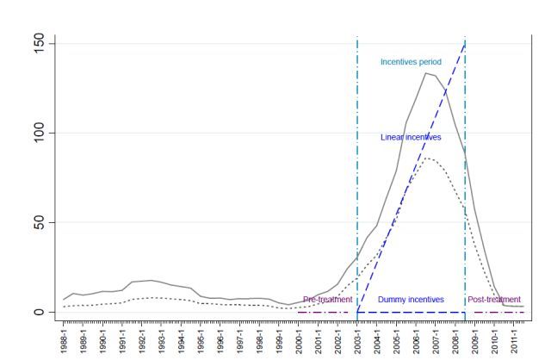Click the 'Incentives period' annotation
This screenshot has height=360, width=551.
click(x=411, y=62)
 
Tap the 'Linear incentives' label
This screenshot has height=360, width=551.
click(x=411, y=137)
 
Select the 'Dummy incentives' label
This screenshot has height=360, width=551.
click(x=411, y=300)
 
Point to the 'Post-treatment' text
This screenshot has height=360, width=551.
click(x=494, y=300)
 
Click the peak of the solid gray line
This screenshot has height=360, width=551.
click(x=425, y=72)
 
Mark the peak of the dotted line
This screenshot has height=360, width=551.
click(x=428, y=158)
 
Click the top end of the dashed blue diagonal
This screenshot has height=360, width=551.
click(x=465, y=43)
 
